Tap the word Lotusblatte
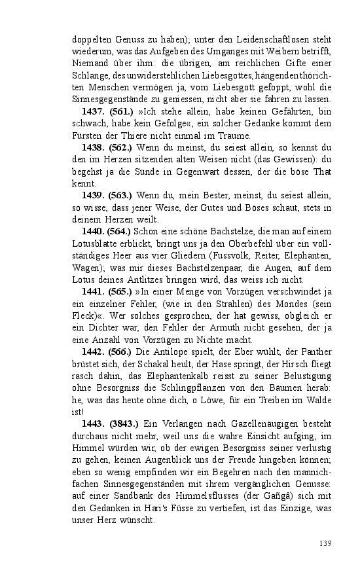94,243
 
